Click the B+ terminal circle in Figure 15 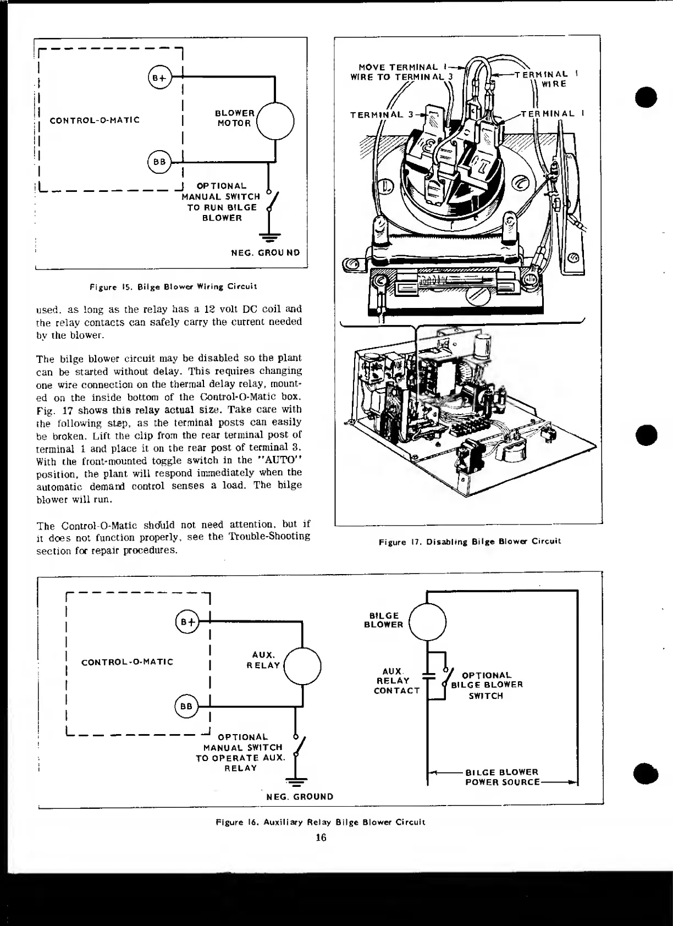[159, 78]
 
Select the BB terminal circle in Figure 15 [159, 162]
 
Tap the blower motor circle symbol [275, 122]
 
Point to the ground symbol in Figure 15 [268, 238]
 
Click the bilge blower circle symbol [428, 621]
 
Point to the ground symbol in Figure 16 [296, 782]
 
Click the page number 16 [321, 837]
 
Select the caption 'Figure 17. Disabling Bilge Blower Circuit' [470, 542]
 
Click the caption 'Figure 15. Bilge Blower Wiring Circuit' [173, 286]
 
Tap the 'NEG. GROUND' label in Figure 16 [300, 797]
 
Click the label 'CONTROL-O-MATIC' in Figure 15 [95, 120]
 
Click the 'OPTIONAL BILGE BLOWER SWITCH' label [487, 685]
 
